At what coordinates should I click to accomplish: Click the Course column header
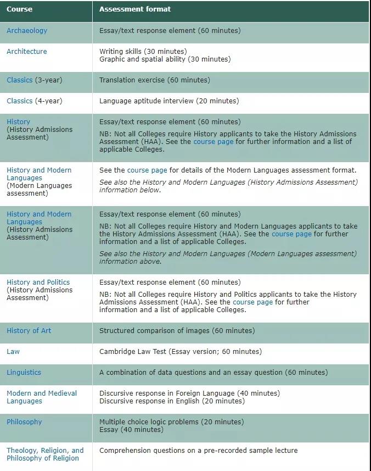(19, 9)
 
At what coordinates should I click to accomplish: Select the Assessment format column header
(134, 9)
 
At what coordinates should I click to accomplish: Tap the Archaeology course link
(27, 31)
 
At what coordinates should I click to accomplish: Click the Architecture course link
(27, 52)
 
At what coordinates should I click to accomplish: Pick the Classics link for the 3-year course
(20, 80)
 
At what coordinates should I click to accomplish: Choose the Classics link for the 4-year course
(20, 101)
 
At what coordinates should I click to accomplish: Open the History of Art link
(29, 331)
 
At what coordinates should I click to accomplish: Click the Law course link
(13, 352)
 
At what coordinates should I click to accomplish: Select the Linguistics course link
(24, 373)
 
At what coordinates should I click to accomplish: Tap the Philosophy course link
(24, 422)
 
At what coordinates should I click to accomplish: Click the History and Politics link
(38, 282)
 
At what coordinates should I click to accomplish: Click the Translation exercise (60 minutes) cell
(154, 80)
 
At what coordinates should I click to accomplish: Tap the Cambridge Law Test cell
(181, 352)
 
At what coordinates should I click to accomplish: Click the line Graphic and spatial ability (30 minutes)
(165, 59)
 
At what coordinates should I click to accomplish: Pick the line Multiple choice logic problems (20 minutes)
(171, 422)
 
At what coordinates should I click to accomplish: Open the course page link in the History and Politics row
(252, 302)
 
